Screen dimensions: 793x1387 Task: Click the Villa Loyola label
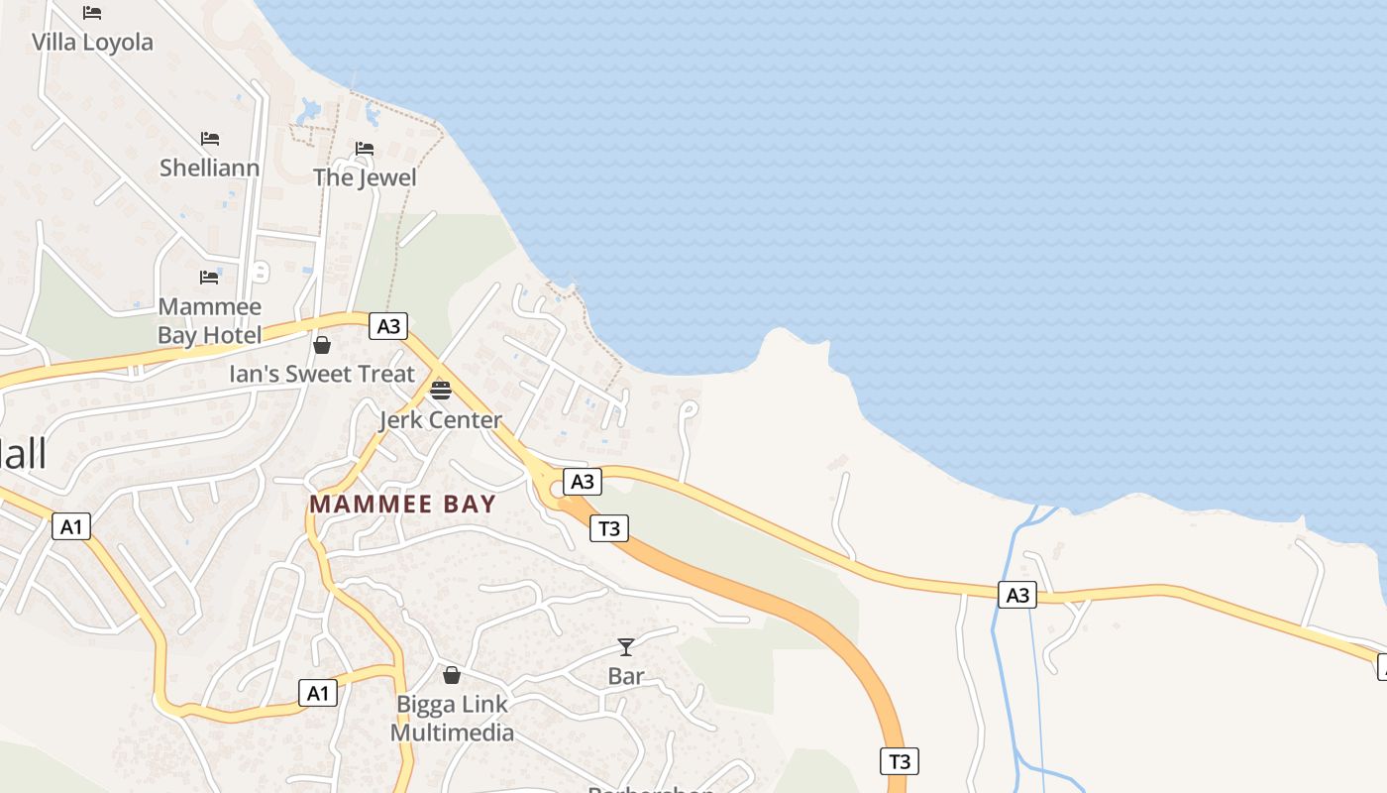pyautogui.click(x=92, y=43)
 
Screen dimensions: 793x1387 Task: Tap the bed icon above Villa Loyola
pyautogui.click(x=92, y=13)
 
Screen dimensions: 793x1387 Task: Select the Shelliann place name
pyautogui.click(x=209, y=168)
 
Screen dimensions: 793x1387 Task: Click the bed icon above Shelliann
pyautogui.click(x=210, y=138)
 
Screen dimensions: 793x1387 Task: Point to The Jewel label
pyautogui.click(x=365, y=178)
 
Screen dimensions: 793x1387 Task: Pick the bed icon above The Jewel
pyautogui.click(x=365, y=149)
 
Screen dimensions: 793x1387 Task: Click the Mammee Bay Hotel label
pyautogui.click(x=209, y=321)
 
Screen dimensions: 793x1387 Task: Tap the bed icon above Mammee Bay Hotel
pyautogui.click(x=209, y=277)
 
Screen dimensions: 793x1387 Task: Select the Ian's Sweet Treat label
pyautogui.click(x=322, y=375)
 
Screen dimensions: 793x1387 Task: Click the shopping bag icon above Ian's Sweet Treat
pyautogui.click(x=322, y=345)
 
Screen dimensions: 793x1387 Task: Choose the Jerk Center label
pyautogui.click(x=441, y=420)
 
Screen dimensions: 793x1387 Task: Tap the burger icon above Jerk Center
pyautogui.click(x=441, y=390)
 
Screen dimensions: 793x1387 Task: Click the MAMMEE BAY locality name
pyautogui.click(x=402, y=504)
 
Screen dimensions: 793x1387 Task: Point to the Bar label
pyautogui.click(x=626, y=677)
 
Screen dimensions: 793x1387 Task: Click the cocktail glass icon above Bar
pyautogui.click(x=626, y=647)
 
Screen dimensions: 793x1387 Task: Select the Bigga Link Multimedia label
pyautogui.click(x=452, y=719)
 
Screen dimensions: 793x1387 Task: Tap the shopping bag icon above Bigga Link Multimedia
pyautogui.click(x=452, y=675)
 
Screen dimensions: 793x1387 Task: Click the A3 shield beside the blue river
pyautogui.click(x=1017, y=595)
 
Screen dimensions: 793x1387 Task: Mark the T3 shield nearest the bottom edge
pyautogui.click(x=899, y=761)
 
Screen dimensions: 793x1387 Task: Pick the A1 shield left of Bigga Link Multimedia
pyautogui.click(x=317, y=693)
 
